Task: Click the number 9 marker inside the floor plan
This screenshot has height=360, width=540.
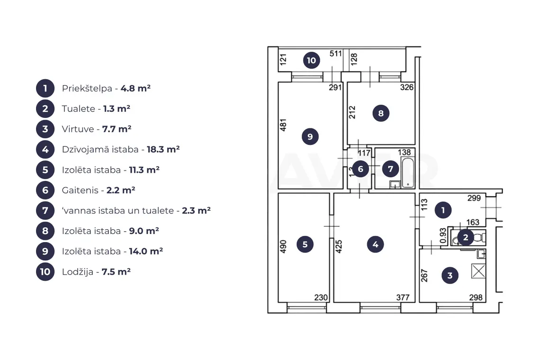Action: point(310,136)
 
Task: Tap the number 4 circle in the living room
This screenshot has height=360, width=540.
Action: point(375,244)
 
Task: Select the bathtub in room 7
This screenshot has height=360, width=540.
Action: point(408,172)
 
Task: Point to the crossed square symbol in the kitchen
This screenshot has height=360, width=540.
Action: point(478,271)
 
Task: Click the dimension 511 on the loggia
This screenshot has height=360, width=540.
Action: point(335,54)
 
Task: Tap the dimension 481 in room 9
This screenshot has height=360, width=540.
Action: point(283,125)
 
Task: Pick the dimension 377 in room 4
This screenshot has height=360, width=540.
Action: point(403,297)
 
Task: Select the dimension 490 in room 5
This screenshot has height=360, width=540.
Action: point(283,246)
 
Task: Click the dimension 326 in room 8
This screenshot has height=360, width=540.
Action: point(407,87)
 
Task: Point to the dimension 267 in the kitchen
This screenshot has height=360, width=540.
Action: point(424,276)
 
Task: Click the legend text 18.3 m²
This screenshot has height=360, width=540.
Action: point(163,149)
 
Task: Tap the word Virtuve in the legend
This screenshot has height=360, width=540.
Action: point(78,129)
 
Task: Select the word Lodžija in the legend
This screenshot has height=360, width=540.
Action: point(78,272)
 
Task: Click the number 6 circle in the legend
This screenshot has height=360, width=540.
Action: point(45,190)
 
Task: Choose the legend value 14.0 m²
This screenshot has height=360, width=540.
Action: point(146,251)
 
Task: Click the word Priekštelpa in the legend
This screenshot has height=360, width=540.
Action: point(87,89)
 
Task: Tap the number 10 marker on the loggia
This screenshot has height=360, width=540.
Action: point(311,60)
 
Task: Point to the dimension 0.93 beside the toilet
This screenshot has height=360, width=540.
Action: point(443,235)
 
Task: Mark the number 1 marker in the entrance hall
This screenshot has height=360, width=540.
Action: point(443,210)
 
